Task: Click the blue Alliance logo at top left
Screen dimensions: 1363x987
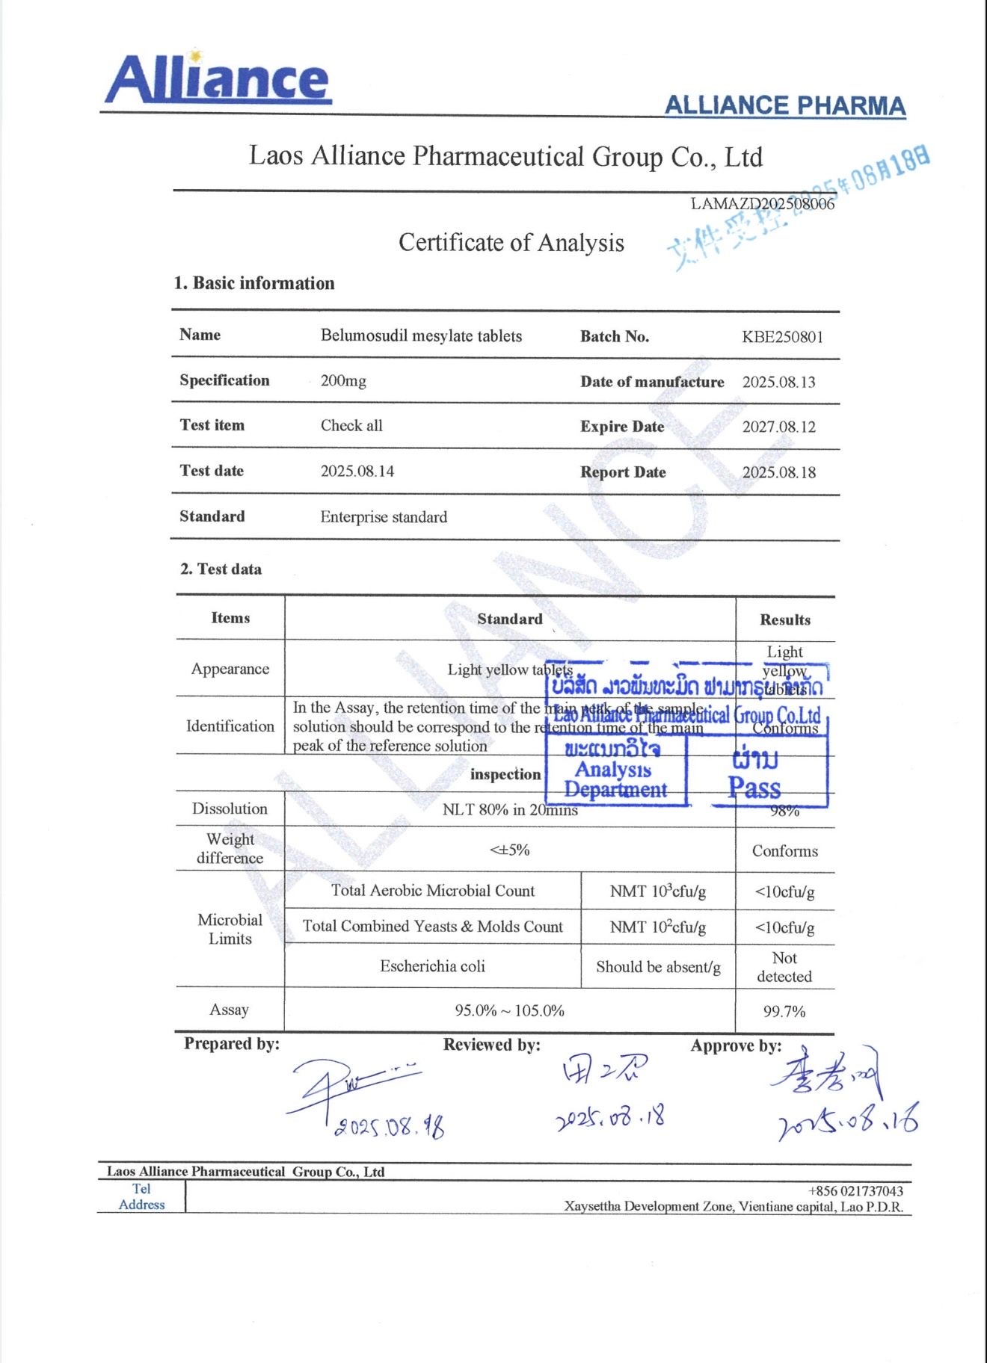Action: (217, 79)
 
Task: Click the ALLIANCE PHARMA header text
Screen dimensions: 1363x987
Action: (784, 106)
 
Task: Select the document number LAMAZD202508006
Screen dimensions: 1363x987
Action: (762, 204)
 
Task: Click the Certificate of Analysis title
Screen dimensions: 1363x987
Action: (511, 243)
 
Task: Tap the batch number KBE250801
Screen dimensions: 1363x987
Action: (782, 337)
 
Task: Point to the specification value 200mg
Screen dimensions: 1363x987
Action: (343, 381)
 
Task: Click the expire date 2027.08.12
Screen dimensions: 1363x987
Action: (778, 427)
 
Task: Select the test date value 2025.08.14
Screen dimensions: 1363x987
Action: (357, 472)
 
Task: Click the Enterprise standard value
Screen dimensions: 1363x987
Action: (384, 517)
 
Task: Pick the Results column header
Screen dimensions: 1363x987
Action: (784, 619)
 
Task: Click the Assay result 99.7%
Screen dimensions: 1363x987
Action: (784, 1012)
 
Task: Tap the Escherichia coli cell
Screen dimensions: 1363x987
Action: (432, 966)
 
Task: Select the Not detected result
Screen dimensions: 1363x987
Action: (784, 967)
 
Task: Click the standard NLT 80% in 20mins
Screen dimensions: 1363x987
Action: (510, 810)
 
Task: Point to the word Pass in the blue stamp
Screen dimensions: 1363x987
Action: (754, 788)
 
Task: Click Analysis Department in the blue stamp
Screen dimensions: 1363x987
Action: (615, 779)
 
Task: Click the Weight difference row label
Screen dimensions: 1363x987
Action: (230, 849)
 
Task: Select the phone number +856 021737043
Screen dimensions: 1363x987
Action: (855, 1191)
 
